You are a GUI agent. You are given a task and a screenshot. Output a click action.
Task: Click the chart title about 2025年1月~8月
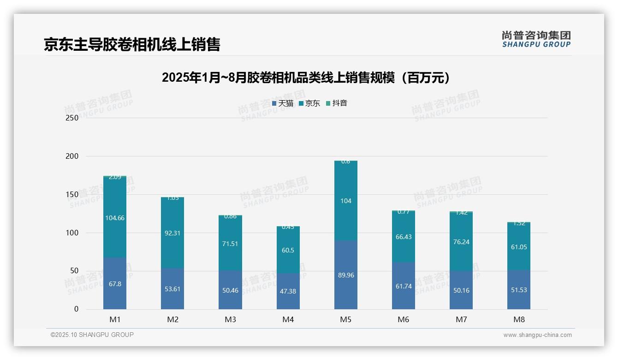306,78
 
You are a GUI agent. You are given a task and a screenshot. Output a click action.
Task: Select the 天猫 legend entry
283,103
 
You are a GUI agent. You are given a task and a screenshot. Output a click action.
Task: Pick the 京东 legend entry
309,103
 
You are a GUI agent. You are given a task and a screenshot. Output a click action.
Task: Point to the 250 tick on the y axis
72,118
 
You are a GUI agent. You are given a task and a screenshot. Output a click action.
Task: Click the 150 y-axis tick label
72,194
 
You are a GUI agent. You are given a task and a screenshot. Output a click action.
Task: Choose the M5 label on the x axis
345,319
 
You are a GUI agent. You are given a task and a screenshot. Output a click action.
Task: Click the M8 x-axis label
519,319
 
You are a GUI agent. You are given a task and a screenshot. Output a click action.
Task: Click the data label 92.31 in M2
172,233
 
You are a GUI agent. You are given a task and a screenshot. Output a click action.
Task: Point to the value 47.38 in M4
288,291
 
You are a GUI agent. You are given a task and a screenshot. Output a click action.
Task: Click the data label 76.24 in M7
461,242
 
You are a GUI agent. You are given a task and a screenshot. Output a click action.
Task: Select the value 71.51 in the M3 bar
230,244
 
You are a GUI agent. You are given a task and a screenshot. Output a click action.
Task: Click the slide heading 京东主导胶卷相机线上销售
132,44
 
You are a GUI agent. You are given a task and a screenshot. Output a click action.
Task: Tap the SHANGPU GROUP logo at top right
536,39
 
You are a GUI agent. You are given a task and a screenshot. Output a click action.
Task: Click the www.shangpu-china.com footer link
537,335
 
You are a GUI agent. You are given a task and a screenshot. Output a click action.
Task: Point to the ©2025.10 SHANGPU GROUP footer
92,335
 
